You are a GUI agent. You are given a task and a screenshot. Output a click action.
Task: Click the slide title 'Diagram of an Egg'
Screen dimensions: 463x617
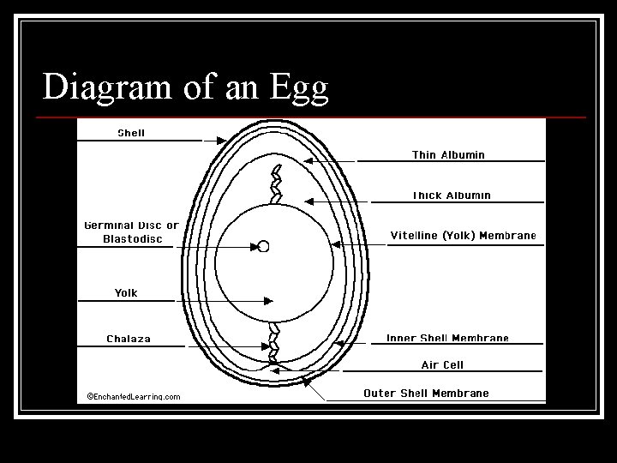click(186, 87)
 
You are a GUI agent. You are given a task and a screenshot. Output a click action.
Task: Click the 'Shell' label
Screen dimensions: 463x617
click(131, 133)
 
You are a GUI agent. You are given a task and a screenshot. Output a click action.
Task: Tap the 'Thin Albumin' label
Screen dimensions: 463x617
click(448, 155)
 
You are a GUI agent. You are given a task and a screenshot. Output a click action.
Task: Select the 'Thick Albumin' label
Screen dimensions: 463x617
click(452, 195)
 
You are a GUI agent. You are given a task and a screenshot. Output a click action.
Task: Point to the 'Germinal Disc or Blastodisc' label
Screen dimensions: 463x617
click(131, 232)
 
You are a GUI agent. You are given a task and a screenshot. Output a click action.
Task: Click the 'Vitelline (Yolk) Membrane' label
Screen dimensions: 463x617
click(463, 235)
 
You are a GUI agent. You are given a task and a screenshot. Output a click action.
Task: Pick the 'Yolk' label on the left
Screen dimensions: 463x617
click(126, 293)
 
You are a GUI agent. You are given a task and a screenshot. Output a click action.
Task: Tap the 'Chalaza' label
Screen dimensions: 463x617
click(129, 339)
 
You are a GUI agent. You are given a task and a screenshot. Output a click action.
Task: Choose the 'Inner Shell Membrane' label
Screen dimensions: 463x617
click(447, 339)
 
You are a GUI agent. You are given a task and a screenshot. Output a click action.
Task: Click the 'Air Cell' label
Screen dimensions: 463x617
click(442, 364)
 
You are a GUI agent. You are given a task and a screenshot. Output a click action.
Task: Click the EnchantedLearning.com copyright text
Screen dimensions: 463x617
click(134, 396)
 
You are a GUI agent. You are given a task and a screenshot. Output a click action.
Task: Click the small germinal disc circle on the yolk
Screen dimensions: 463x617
click(263, 246)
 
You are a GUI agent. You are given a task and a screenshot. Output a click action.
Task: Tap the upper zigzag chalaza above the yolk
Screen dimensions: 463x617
click(276, 183)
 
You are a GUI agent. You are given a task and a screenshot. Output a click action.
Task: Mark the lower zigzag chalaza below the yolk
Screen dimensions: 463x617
click(274, 343)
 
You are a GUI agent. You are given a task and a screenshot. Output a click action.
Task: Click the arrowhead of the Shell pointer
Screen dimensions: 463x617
click(222, 139)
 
